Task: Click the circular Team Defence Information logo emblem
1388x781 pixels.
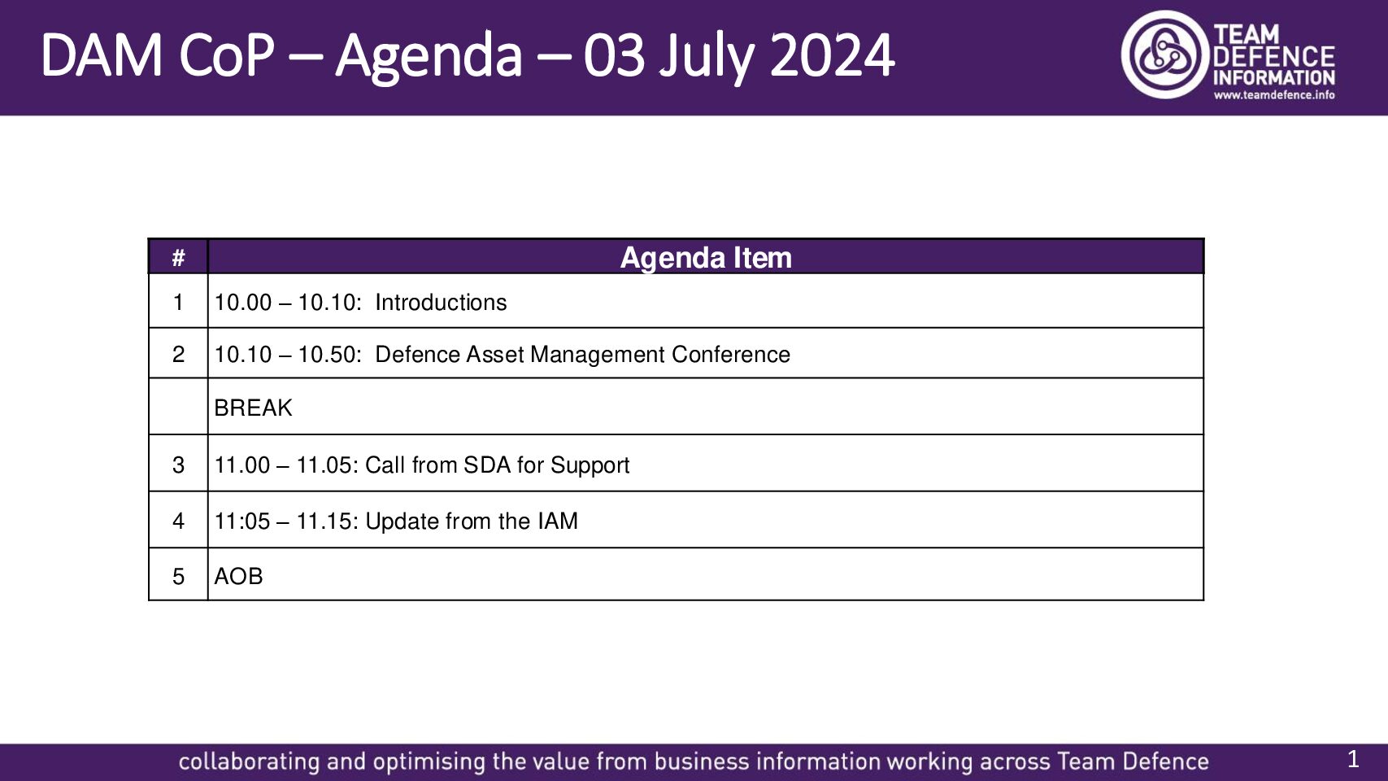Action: pyautogui.click(x=1165, y=55)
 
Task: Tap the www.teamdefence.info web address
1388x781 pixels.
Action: pyautogui.click(x=1274, y=95)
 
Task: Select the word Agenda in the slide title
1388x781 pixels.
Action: pyautogui.click(x=429, y=57)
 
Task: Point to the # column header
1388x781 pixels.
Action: pyautogui.click(x=178, y=257)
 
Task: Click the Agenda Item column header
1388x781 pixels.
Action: pyautogui.click(x=706, y=257)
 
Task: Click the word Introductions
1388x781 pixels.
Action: pyautogui.click(x=441, y=303)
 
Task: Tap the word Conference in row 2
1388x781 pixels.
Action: pyautogui.click(x=730, y=355)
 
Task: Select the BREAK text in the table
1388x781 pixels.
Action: pyautogui.click(x=253, y=408)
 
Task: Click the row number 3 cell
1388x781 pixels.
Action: pyautogui.click(x=178, y=465)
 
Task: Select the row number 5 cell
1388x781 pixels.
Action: pyautogui.click(x=178, y=577)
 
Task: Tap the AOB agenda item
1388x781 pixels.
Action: pyautogui.click(x=238, y=577)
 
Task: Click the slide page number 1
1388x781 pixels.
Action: pyautogui.click(x=1353, y=759)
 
